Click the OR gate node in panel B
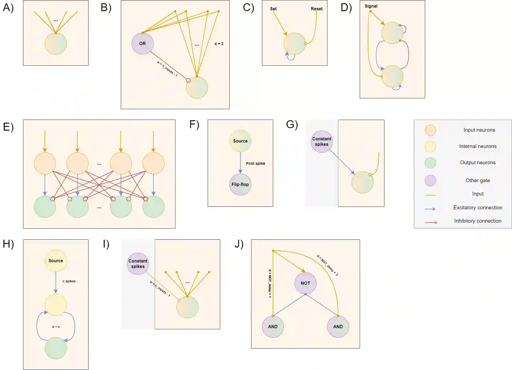(x=143, y=43)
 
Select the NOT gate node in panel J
(x=305, y=283)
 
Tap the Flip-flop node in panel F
(x=240, y=184)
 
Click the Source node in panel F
(x=240, y=141)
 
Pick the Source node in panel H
(x=56, y=261)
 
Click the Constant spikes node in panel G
(x=322, y=141)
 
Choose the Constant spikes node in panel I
(x=138, y=264)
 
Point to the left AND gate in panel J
(x=273, y=327)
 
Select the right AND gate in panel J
(x=338, y=327)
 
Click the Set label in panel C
(x=273, y=9)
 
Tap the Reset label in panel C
(x=317, y=9)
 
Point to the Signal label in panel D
(x=371, y=6)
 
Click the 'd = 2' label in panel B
(x=219, y=44)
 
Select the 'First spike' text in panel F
(x=255, y=163)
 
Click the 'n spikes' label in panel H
(x=69, y=281)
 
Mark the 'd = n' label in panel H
(x=56, y=327)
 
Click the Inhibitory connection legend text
(x=478, y=221)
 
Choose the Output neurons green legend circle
(x=430, y=163)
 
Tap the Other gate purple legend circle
(x=430, y=181)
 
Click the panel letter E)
(x=8, y=127)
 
